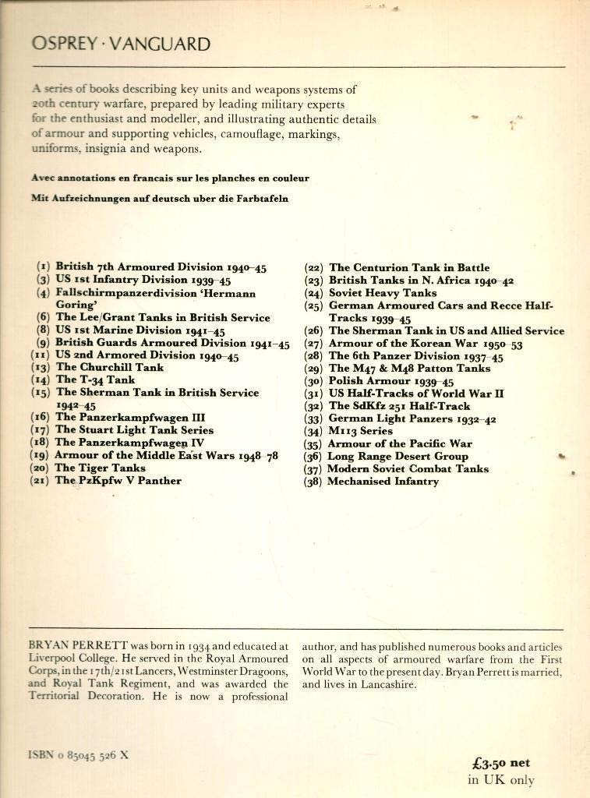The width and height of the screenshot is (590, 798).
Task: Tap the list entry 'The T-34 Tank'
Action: [95, 380]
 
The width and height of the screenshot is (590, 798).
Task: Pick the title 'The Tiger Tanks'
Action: [100, 468]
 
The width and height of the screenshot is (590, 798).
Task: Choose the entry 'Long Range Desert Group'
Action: [397, 456]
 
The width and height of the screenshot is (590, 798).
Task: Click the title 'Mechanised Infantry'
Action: [383, 482]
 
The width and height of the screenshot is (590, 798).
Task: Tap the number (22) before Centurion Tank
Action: [314, 268]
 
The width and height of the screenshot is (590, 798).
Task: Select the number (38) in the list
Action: [314, 482]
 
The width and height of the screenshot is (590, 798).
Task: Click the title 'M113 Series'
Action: [361, 431]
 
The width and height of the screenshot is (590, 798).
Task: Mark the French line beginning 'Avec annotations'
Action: [170, 178]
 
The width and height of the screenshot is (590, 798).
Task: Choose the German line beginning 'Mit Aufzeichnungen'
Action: [159, 198]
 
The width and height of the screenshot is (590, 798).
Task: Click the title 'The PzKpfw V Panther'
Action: [118, 481]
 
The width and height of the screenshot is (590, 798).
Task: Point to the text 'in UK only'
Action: [501, 779]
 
